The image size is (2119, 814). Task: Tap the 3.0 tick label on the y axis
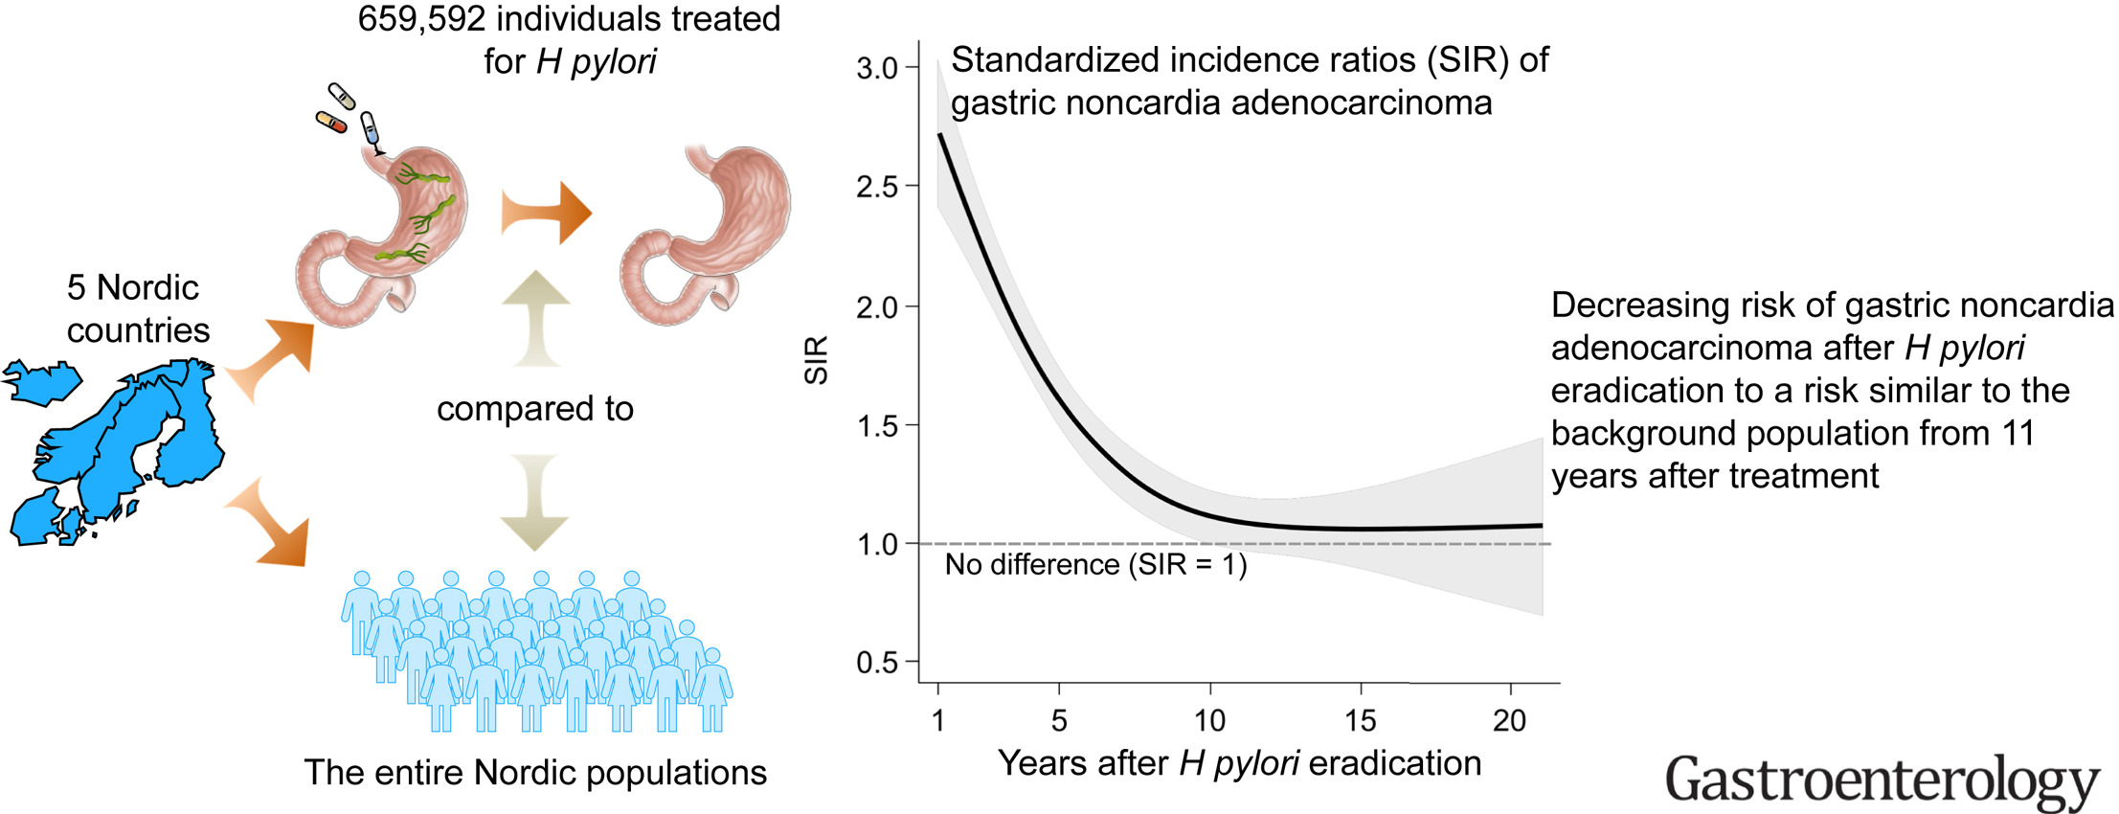(876, 69)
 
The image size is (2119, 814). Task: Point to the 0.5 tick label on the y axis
(876, 663)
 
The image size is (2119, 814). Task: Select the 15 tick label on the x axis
(1361, 721)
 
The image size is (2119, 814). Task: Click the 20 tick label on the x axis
(1510, 721)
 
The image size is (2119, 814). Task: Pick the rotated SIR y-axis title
(816, 360)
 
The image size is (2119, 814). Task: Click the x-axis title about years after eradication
(1239, 763)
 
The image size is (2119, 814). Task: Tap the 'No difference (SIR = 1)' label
(1095, 565)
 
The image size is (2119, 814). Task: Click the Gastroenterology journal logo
(1882, 780)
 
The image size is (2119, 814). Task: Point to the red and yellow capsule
(331, 123)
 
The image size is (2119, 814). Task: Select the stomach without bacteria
(706, 235)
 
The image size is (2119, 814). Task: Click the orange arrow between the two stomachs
(547, 213)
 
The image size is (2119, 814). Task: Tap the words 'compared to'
(535, 409)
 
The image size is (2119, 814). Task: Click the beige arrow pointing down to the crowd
(534, 502)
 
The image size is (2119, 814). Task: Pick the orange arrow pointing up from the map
(274, 359)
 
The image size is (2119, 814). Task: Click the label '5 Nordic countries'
(137, 308)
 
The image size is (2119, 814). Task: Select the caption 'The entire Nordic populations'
(535, 773)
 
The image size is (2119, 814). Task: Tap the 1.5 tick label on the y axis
(876, 426)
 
